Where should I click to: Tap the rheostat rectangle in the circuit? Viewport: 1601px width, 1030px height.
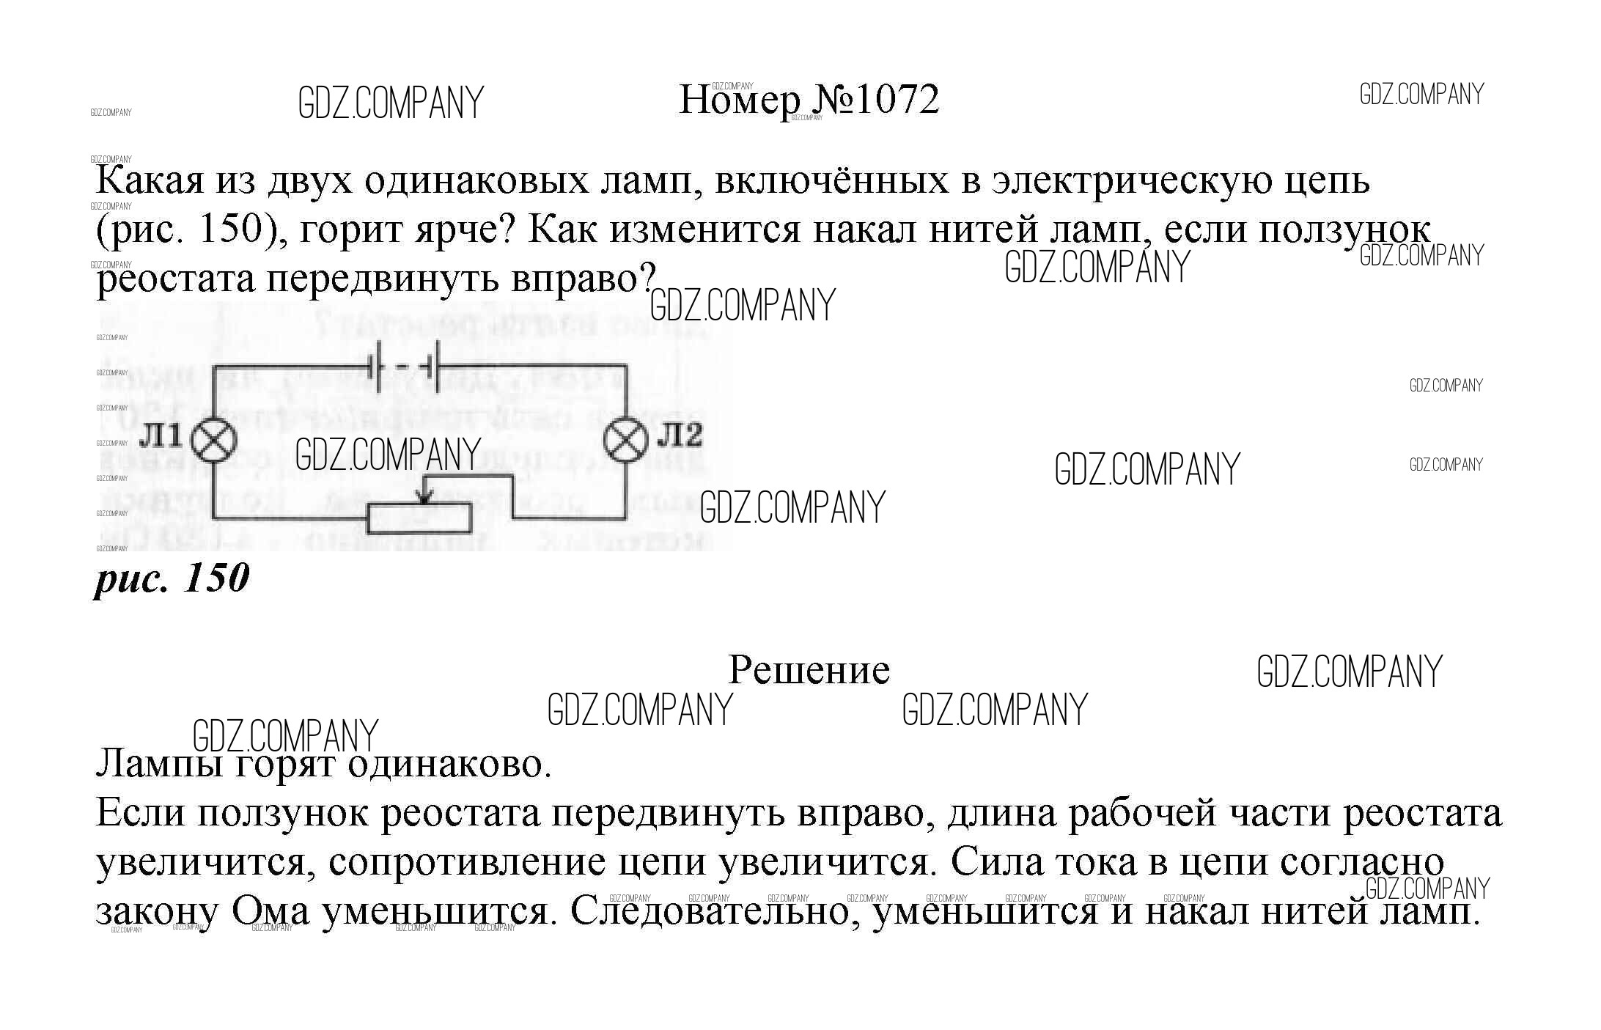click(x=419, y=518)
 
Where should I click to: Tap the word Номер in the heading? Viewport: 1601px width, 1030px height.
click(x=740, y=100)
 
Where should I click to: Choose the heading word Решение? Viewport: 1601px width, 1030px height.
click(x=809, y=670)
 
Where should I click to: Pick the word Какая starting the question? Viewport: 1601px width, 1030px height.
click(x=150, y=180)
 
